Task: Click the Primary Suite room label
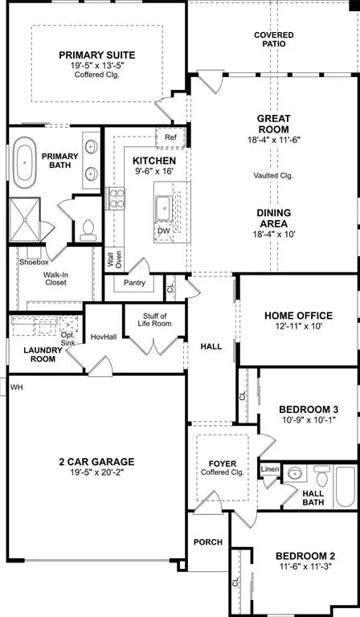coord(96,55)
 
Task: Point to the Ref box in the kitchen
coord(170,137)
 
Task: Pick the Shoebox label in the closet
coord(34,260)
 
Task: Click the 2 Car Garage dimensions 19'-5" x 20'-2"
coord(96,474)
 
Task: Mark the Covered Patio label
coord(273,40)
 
